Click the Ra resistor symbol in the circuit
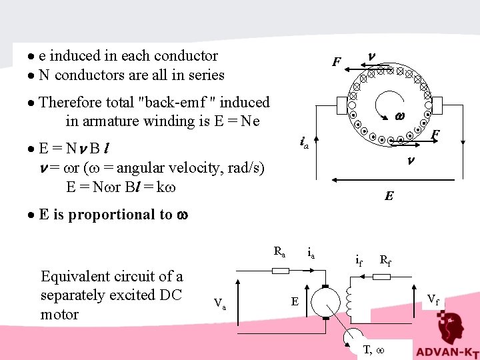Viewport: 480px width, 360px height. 281,271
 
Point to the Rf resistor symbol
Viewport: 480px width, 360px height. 381,275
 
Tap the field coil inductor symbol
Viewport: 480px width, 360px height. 349,303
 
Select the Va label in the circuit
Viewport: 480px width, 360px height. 219,303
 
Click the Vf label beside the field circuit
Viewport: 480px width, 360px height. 433,299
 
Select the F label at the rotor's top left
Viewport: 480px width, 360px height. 337,63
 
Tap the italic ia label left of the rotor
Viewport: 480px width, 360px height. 303,142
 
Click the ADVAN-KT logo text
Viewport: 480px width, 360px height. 446,351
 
